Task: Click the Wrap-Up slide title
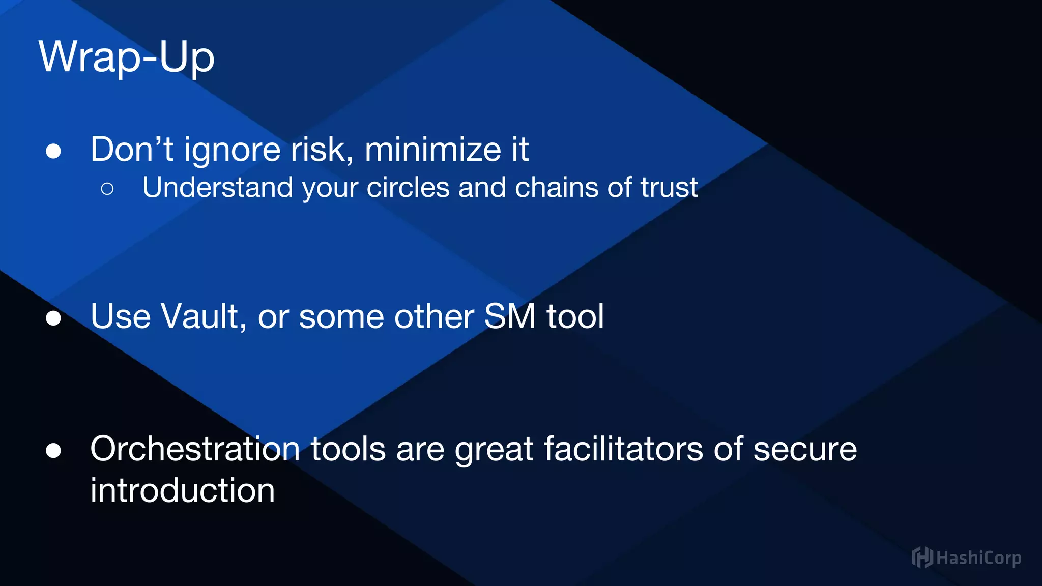tap(126, 57)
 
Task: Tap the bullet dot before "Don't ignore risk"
tap(53, 151)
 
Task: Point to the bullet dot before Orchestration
tap(53, 451)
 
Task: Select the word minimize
tap(433, 150)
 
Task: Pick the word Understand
tap(217, 187)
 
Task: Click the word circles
tap(408, 187)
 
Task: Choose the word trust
tap(669, 187)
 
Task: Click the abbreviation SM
tap(510, 316)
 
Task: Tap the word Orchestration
tap(195, 449)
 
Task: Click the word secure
tap(805, 449)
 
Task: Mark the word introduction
tap(183, 490)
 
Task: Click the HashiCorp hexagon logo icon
tap(922, 558)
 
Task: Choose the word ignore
tap(233, 151)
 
